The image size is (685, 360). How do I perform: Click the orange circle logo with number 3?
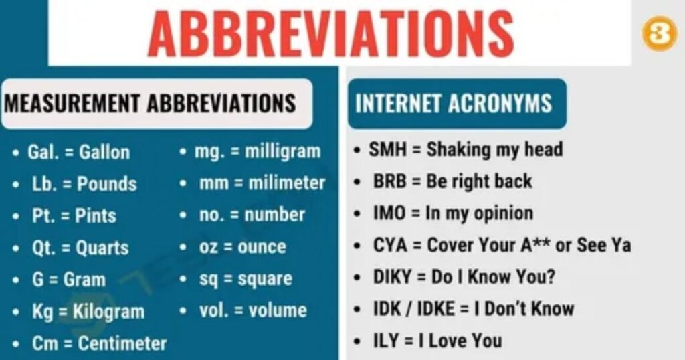coord(659,33)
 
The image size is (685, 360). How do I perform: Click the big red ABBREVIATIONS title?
coord(332,33)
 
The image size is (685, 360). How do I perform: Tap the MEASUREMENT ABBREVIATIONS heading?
coord(151,104)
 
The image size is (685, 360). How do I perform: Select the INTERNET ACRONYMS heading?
coord(454,104)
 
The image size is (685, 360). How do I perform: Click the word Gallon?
coord(104,152)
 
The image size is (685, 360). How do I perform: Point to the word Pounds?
coord(107,184)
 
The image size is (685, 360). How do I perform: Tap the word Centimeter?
coord(122,344)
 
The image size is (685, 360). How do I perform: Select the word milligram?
coord(282,151)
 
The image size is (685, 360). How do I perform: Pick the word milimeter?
coord(287,183)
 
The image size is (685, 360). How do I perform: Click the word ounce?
coord(262,247)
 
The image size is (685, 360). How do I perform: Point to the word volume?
coord(278,310)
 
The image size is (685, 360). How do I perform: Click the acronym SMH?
coord(388,149)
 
